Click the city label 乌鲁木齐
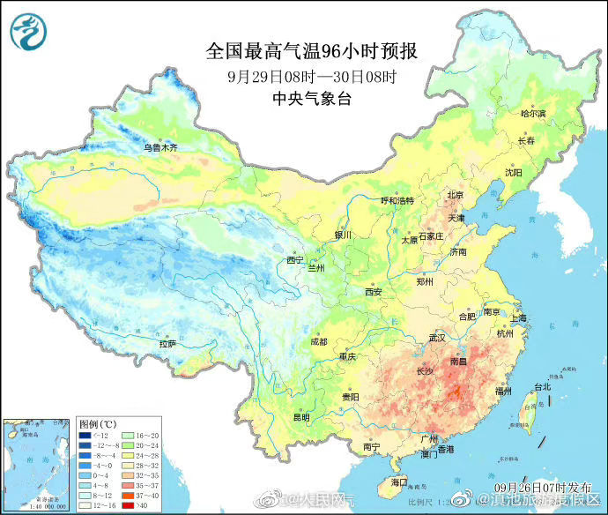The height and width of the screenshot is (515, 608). coord(160,148)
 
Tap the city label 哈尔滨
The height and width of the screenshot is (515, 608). coord(533,114)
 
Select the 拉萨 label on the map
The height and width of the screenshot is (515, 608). coord(167,342)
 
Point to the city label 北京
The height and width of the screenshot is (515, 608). coord(455,195)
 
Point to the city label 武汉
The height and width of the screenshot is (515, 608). coord(438,338)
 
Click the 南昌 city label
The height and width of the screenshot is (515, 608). coord(459,362)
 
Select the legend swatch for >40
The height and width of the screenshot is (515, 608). coord(128,505)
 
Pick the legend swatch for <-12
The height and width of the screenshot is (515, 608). coord(84,436)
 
